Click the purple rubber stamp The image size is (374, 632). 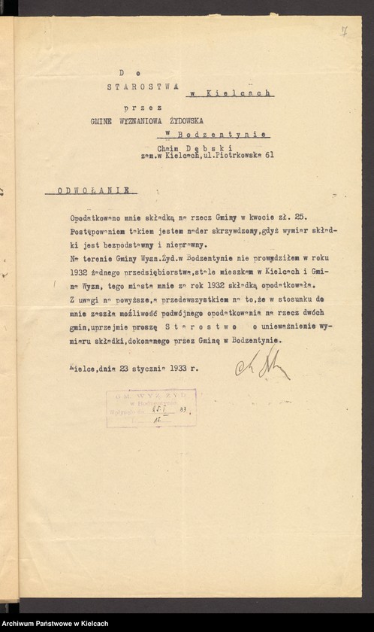152,406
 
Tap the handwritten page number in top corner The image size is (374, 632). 343,32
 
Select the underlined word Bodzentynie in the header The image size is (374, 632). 220,134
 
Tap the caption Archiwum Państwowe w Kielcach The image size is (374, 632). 54,624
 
